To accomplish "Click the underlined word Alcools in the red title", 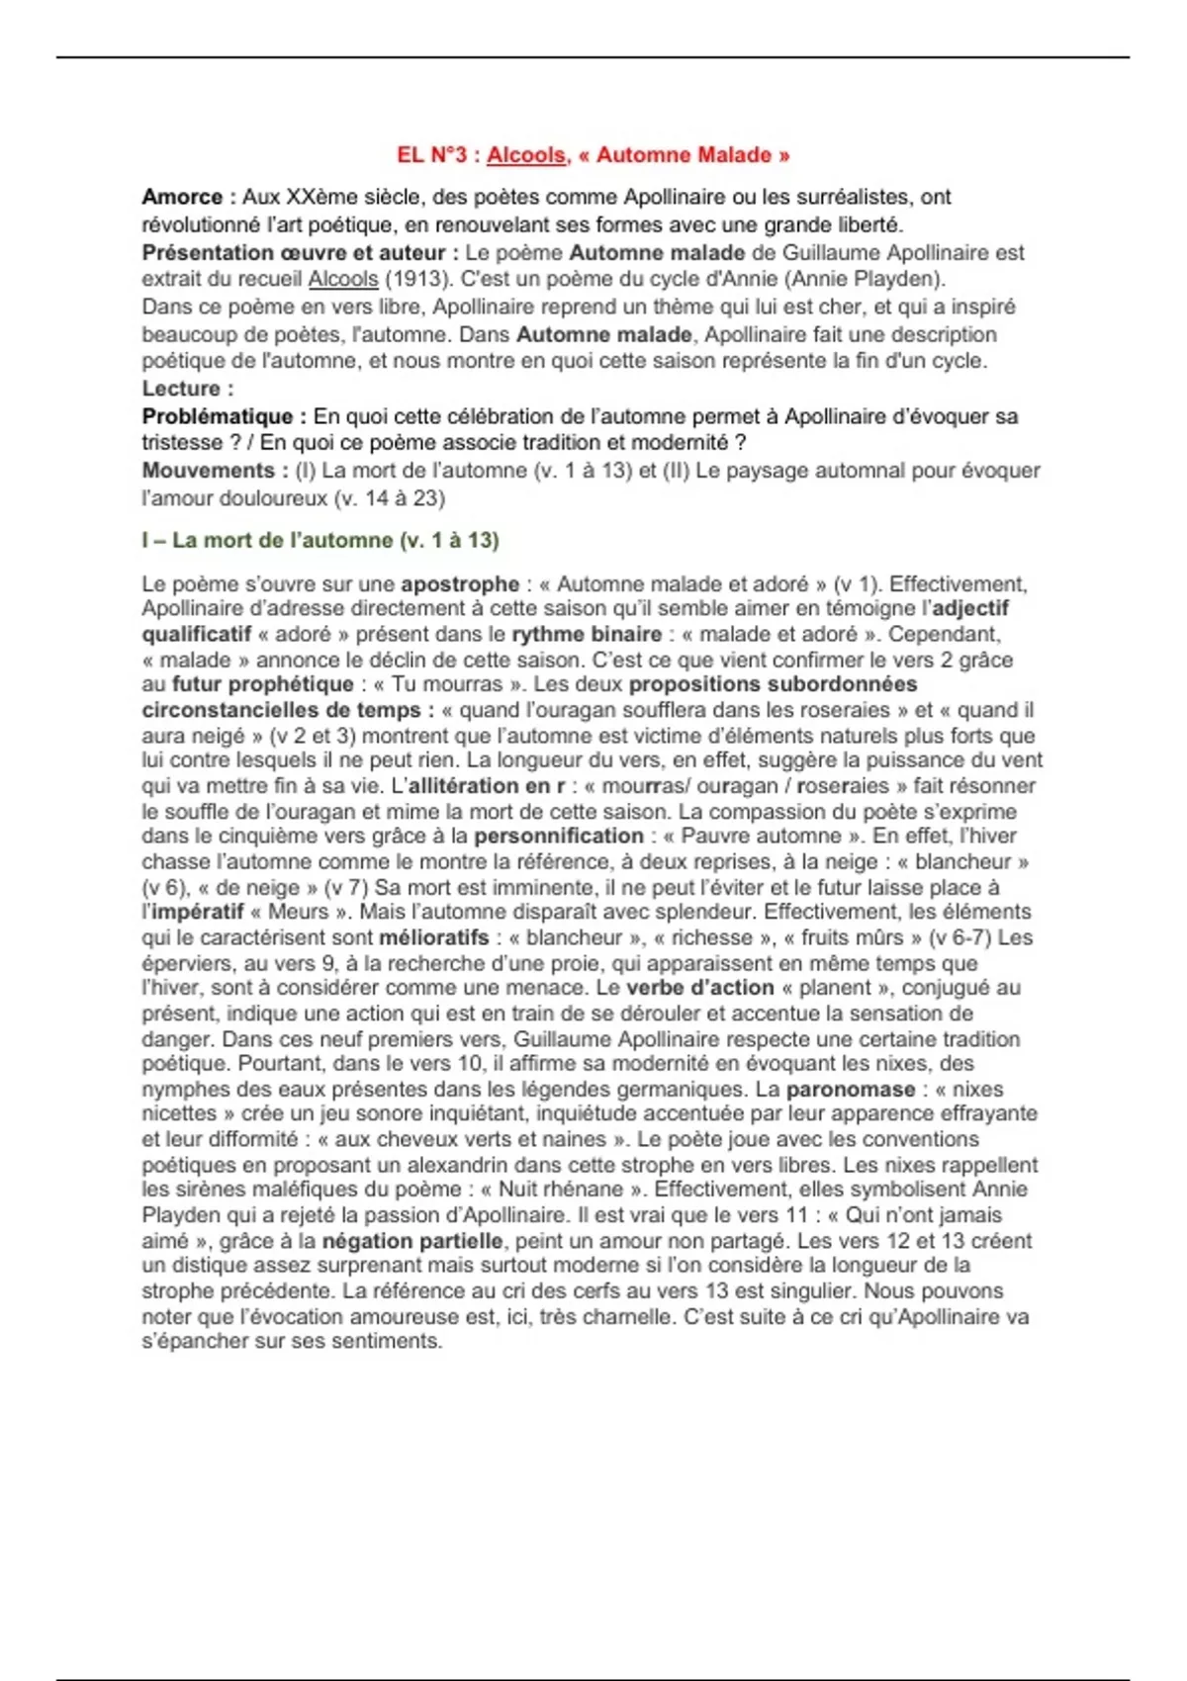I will [x=526, y=155].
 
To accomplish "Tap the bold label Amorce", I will [x=181, y=197].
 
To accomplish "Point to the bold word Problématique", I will [x=217, y=416].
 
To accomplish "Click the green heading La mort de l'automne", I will [x=320, y=540].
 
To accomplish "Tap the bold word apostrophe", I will [x=460, y=583].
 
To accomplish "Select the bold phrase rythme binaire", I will [x=587, y=634].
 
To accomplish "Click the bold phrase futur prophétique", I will [x=262, y=684].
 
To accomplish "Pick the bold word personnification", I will [x=559, y=837].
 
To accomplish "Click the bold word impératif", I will [x=198, y=912].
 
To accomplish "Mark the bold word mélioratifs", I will [x=433, y=937].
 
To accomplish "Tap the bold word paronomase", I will [x=850, y=1090].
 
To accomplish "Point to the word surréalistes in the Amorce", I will [x=844, y=197].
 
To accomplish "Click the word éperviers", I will [x=187, y=963].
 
